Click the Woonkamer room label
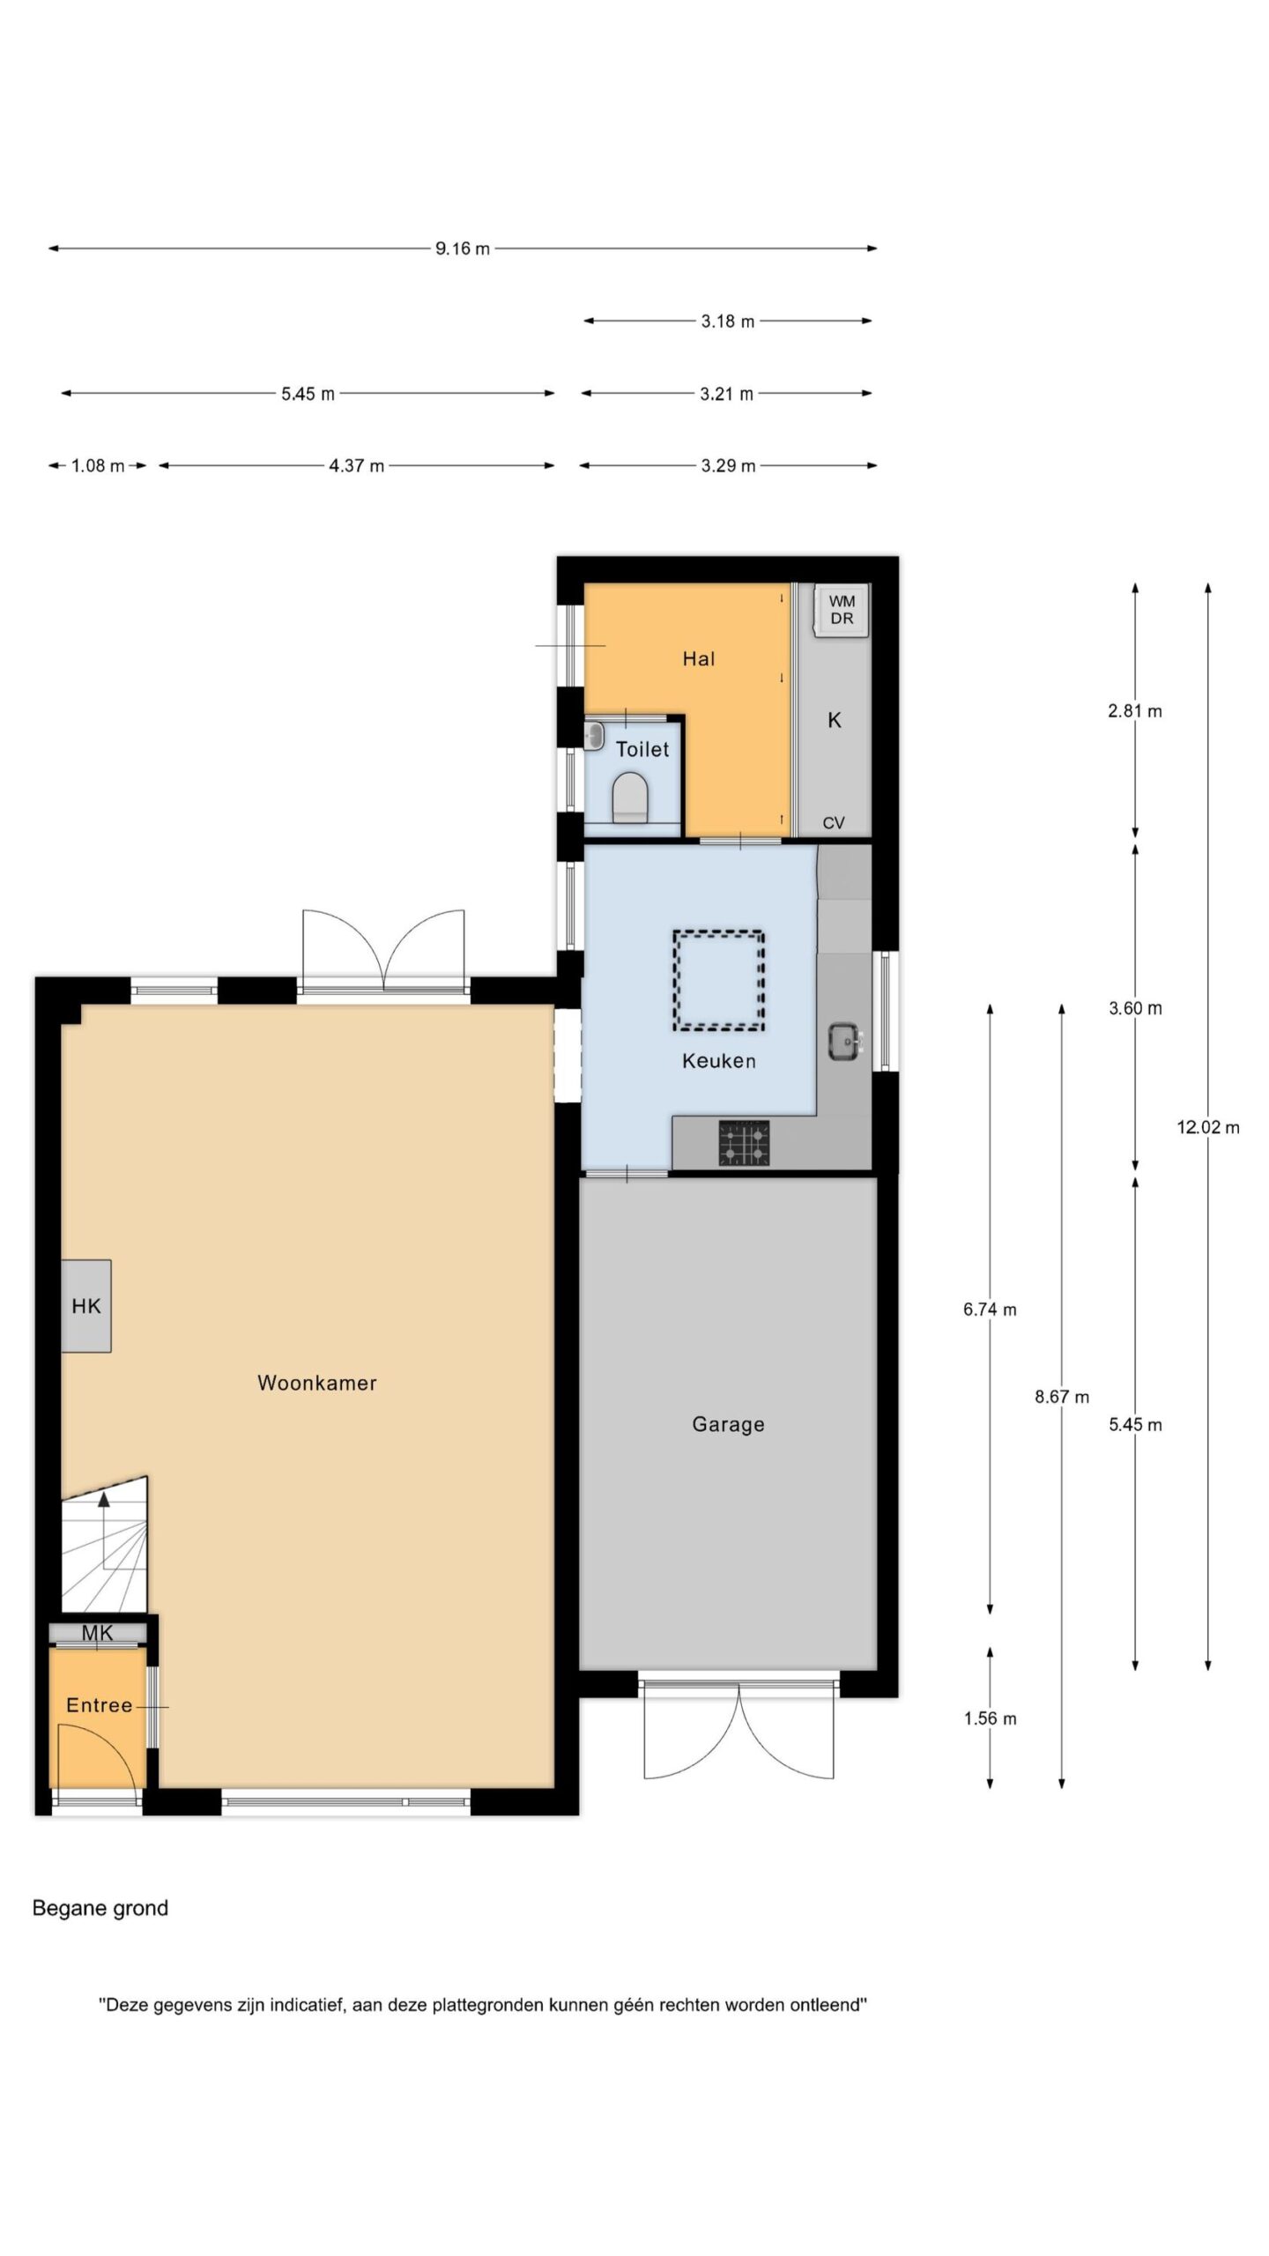click(x=316, y=1383)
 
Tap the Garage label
click(x=728, y=1424)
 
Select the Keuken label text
click(x=719, y=1060)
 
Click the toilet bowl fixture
click(x=630, y=797)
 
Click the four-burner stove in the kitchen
click(x=744, y=1143)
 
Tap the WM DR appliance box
click(x=842, y=610)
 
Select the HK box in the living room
click(x=86, y=1305)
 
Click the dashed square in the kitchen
click(x=719, y=981)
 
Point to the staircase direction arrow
click(x=104, y=1531)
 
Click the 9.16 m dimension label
click(x=462, y=249)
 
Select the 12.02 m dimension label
click(x=1208, y=1126)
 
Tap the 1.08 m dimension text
click(x=98, y=465)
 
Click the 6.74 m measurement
click(x=990, y=1310)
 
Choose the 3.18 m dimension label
click(x=728, y=321)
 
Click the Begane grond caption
click(x=100, y=1908)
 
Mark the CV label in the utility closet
click(x=834, y=823)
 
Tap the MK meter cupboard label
click(x=97, y=1633)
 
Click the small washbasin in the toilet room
click(x=595, y=734)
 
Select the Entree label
click(x=100, y=1705)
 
